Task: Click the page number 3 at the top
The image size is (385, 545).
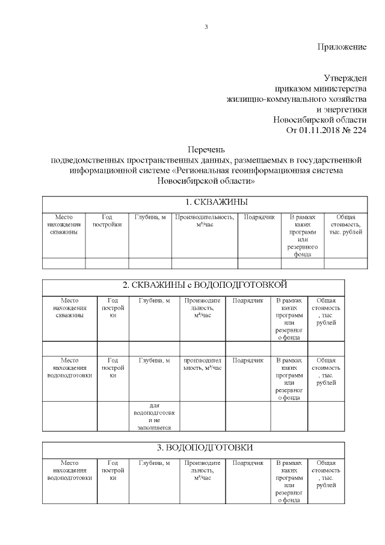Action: pyautogui.click(x=206, y=26)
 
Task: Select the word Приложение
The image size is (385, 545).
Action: pyautogui.click(x=342, y=46)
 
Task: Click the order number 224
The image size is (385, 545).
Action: pyautogui.click(x=359, y=129)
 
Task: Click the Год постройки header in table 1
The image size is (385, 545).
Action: pyautogui.click(x=107, y=221)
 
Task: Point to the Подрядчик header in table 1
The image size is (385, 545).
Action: pyautogui.click(x=259, y=217)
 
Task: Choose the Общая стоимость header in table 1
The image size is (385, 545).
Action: pyautogui.click(x=345, y=225)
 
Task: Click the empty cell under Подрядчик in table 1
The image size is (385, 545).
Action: pyautogui.click(x=259, y=263)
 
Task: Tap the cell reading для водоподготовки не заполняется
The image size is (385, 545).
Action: pyautogui.click(x=154, y=417)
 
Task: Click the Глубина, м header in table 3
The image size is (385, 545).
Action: pyautogui.click(x=154, y=463)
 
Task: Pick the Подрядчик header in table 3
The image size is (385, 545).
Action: pyautogui.click(x=248, y=463)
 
